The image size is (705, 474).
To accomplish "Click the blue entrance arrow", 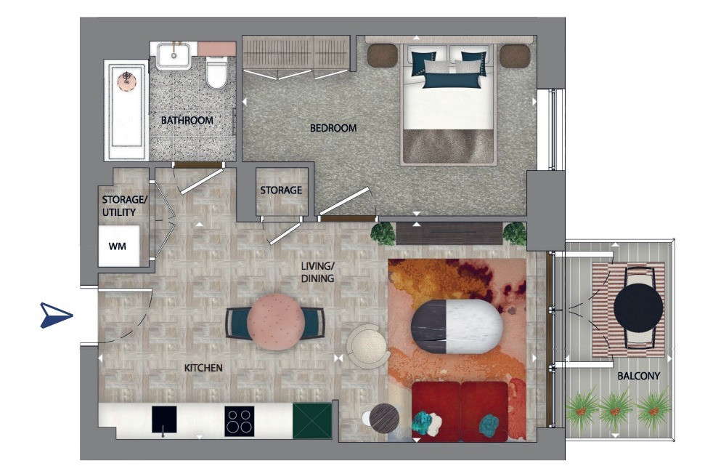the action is [55, 314].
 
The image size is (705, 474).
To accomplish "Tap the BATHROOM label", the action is [187, 120].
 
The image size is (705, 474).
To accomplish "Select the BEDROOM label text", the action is [333, 128].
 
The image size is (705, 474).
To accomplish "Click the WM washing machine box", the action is [118, 246].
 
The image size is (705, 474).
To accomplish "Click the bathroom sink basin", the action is [174, 55].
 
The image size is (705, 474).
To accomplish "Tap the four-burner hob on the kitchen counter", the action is [239, 422].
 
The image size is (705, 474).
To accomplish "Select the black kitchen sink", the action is [164, 419].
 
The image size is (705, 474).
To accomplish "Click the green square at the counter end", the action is [312, 420].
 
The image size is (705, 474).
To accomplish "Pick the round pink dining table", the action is [276, 322].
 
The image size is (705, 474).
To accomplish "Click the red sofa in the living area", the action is [460, 411].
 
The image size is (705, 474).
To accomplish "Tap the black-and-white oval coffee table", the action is [457, 327].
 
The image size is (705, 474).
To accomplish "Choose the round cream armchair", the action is [368, 346].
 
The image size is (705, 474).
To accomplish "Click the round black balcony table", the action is [638, 308].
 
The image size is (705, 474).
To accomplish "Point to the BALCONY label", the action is [638, 375].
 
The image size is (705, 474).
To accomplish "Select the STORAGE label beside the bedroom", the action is [281, 190].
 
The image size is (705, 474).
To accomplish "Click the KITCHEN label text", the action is [203, 368].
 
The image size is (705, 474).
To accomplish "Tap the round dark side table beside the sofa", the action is [384, 418].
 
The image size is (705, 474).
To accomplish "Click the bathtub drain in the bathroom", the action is [127, 80].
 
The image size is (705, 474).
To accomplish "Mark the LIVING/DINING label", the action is [317, 273].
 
